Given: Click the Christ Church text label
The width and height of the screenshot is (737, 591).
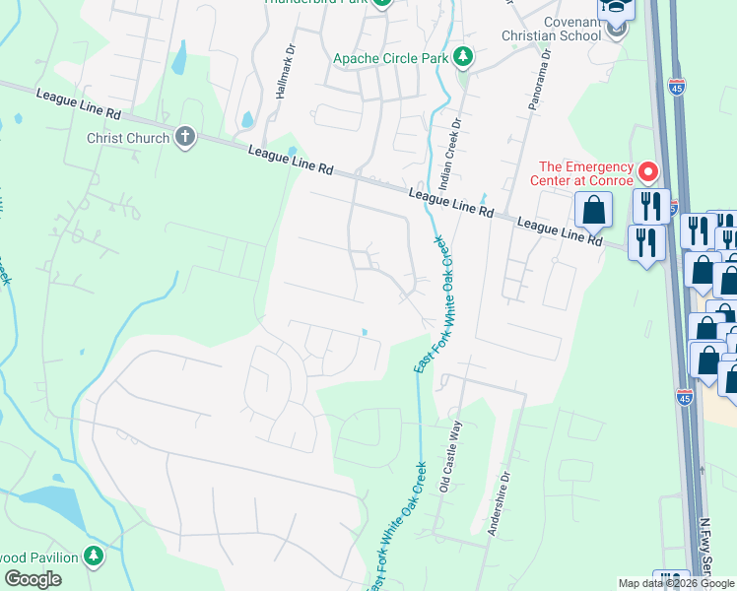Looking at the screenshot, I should click(x=128, y=138).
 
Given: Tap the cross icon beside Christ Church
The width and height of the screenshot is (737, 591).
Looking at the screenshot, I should click(x=184, y=137).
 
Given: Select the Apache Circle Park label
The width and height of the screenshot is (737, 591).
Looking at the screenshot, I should click(x=391, y=59).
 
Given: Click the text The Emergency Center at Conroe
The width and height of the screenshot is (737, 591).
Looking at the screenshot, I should click(x=586, y=173).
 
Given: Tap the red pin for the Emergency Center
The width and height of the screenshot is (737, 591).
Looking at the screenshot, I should click(x=648, y=173).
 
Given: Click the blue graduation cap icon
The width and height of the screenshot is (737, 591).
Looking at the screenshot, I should click(x=616, y=7).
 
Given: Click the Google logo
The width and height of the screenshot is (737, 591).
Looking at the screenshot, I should click(x=33, y=579).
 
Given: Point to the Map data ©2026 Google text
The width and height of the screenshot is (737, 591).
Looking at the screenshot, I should click(x=676, y=583).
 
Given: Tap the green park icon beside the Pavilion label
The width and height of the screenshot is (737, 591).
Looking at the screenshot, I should click(x=94, y=558).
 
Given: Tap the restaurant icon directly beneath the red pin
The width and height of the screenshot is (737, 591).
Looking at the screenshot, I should click(x=650, y=206).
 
